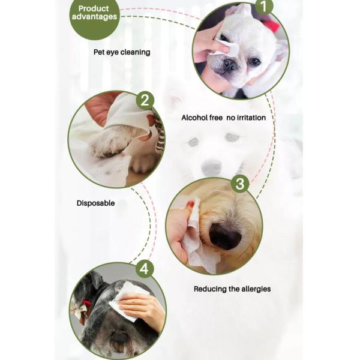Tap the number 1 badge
coord(264,7)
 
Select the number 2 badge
coord(145,100)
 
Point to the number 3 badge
coord(240,184)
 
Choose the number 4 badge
coord(144,268)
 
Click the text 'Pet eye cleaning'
coord(122,52)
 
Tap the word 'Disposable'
coord(95,203)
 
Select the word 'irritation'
coord(251,118)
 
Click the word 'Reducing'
coord(210,289)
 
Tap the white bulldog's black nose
coord(230,65)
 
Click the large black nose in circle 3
coord(225,236)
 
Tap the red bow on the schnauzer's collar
coord(87,303)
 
